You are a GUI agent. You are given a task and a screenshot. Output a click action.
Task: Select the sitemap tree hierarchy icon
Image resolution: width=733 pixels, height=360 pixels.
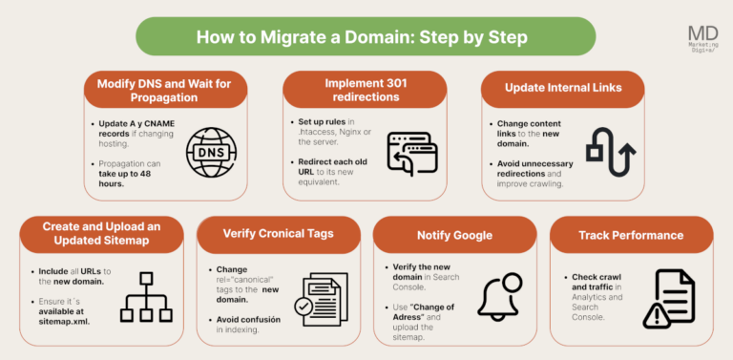[144, 298]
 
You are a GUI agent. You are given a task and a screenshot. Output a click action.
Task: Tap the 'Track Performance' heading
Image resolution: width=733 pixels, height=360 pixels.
[631, 234]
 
